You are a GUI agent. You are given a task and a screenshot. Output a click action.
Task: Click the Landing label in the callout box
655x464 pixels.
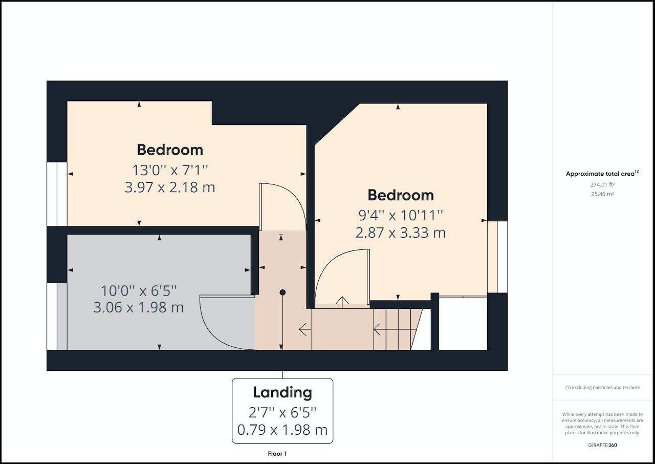(x=282, y=393)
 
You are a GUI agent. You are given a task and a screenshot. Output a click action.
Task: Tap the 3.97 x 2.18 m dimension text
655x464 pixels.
(x=170, y=187)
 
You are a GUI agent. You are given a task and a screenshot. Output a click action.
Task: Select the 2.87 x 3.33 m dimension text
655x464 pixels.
(x=401, y=233)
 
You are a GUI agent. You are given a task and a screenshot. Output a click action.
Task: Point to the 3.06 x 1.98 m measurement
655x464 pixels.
(x=138, y=307)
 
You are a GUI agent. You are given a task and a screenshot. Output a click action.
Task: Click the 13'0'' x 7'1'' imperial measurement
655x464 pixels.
(x=170, y=170)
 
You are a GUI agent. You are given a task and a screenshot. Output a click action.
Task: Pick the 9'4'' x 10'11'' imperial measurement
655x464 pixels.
(x=401, y=216)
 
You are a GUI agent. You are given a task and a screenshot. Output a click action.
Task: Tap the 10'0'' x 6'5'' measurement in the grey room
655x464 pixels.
(x=139, y=291)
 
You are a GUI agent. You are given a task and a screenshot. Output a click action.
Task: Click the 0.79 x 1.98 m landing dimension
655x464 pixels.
(x=282, y=430)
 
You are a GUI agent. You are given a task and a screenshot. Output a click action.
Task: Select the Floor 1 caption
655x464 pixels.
(x=277, y=454)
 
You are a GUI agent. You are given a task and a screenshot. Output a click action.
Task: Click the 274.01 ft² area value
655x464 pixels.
(x=602, y=184)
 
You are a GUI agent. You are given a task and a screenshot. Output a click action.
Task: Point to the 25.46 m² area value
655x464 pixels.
(x=602, y=194)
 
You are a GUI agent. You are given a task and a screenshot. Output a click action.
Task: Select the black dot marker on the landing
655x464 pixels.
(x=282, y=292)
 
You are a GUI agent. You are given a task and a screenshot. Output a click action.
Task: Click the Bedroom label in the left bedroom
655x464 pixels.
(x=170, y=150)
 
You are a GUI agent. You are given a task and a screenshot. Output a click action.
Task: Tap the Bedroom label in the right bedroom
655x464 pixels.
(x=401, y=195)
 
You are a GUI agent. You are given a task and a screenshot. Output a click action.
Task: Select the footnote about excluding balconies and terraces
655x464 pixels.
(x=602, y=387)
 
